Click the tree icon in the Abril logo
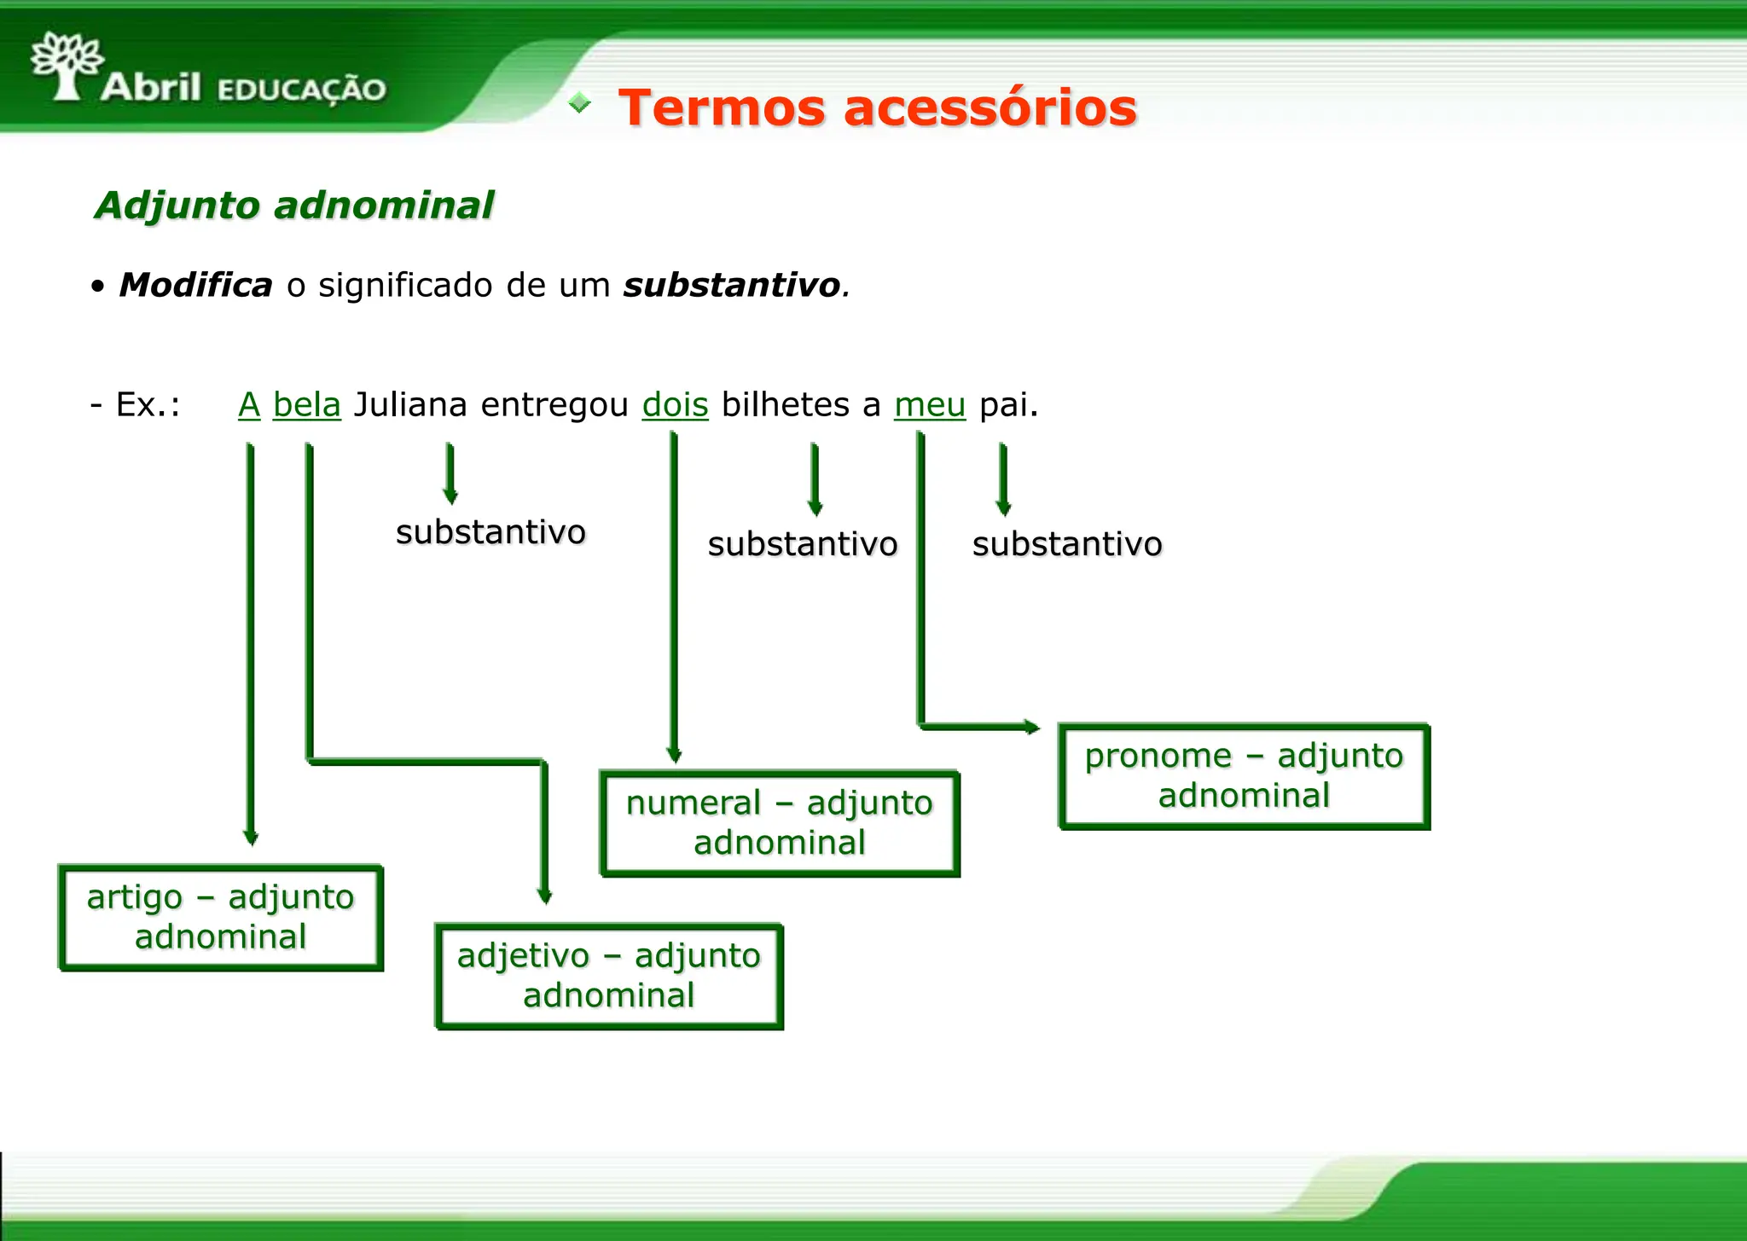(67, 65)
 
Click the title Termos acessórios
(877, 108)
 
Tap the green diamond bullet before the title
(580, 103)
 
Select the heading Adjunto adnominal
(293, 206)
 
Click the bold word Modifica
(195, 285)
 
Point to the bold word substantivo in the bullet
(732, 285)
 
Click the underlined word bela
(306, 404)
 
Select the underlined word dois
(675, 404)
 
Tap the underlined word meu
(929, 404)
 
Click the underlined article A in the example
(249, 404)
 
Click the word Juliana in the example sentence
(410, 404)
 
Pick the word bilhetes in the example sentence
(785, 404)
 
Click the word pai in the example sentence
(1007, 404)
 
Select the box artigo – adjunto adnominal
(221, 918)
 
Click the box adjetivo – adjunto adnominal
(609, 977)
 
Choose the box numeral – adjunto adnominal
(780, 824)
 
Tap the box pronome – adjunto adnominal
(1244, 776)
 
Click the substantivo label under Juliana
(490, 532)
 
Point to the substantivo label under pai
(1067, 544)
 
